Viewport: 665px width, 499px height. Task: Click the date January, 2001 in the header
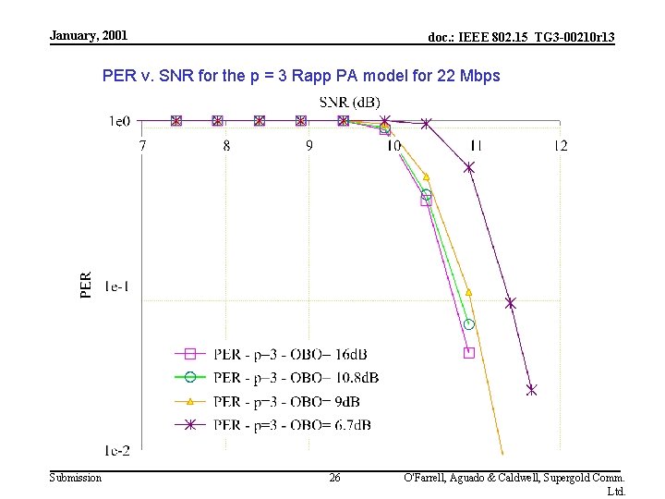pyautogui.click(x=89, y=35)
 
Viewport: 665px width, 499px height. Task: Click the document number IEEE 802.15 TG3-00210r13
pyautogui.click(x=522, y=37)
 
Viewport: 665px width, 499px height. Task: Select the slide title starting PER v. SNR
pyautogui.click(x=301, y=76)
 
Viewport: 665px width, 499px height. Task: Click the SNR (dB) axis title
pyautogui.click(x=349, y=102)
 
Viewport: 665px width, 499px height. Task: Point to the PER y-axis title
pyautogui.click(x=86, y=285)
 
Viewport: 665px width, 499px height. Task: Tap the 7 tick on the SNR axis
pyautogui.click(x=142, y=145)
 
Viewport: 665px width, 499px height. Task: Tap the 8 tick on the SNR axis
pyautogui.click(x=226, y=145)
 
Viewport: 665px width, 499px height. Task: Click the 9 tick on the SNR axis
pyautogui.click(x=309, y=145)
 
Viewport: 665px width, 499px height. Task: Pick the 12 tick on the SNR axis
pyautogui.click(x=560, y=145)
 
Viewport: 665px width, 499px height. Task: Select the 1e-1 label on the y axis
pyautogui.click(x=117, y=286)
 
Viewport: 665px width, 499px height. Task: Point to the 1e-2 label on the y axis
pyautogui.click(x=117, y=450)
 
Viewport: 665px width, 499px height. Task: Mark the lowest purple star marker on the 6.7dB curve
pyautogui.click(x=531, y=390)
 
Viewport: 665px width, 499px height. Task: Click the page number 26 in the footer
pyautogui.click(x=334, y=478)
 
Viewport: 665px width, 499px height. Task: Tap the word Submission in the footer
pyautogui.click(x=76, y=478)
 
